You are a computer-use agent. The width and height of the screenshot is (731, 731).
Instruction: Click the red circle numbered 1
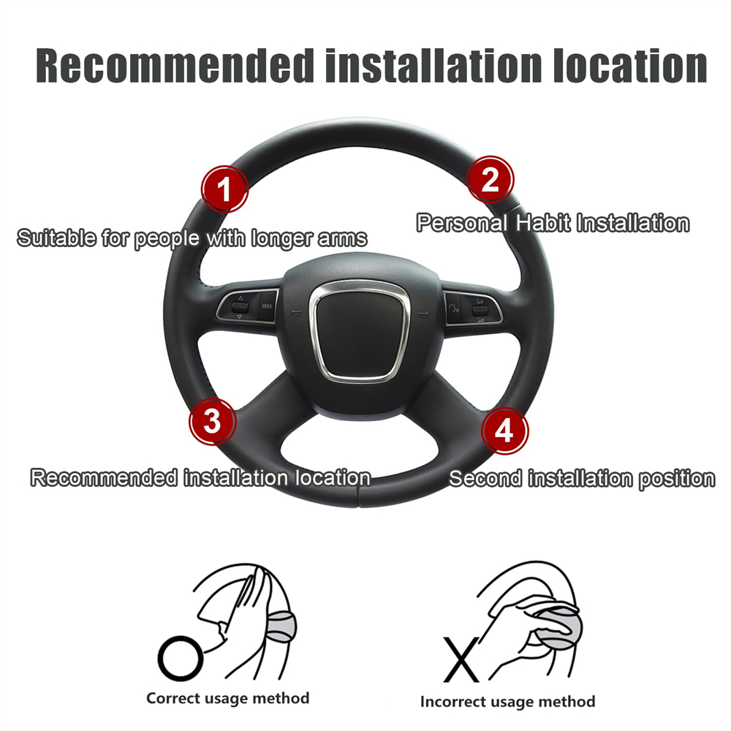(224, 189)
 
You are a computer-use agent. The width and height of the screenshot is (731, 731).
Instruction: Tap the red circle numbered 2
(491, 180)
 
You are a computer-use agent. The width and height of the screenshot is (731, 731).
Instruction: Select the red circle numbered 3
(213, 422)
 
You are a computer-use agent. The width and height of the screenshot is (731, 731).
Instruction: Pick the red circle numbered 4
(505, 431)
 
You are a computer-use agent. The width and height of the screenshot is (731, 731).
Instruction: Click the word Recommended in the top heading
(175, 66)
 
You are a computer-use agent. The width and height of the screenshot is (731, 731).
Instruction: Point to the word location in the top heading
(630, 66)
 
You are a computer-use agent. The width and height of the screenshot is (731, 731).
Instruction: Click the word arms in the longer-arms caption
(342, 238)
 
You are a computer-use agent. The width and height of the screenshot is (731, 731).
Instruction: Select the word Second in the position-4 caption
(485, 478)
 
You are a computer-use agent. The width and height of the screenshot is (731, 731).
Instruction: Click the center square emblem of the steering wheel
(360, 331)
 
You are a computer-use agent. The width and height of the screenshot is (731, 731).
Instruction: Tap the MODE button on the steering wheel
(267, 306)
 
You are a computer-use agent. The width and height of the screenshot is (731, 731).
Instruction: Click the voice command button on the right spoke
(454, 308)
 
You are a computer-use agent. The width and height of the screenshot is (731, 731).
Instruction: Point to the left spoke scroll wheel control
(240, 307)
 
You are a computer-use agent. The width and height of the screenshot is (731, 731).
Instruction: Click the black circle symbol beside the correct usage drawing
(181, 659)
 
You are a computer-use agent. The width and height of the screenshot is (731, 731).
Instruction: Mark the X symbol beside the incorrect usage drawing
(461, 659)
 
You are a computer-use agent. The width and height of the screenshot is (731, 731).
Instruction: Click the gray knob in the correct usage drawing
(281, 624)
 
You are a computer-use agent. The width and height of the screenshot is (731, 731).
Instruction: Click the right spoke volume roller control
(480, 309)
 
